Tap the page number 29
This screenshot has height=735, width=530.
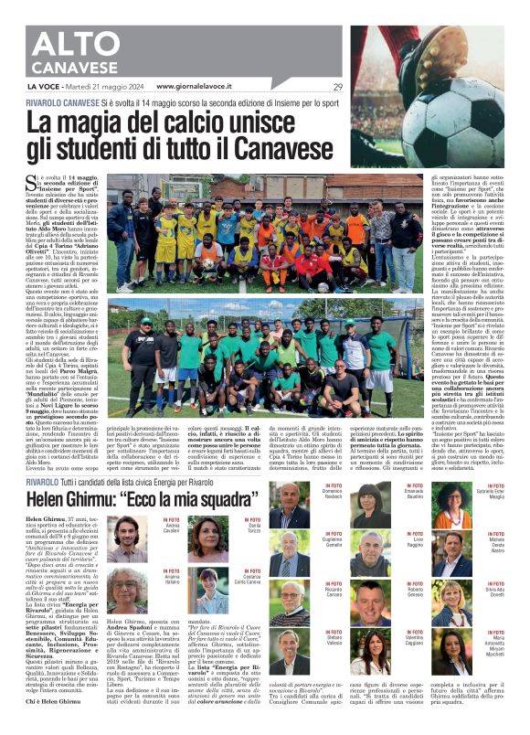click(x=337, y=87)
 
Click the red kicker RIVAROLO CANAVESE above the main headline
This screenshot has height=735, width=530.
click(x=74, y=103)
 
